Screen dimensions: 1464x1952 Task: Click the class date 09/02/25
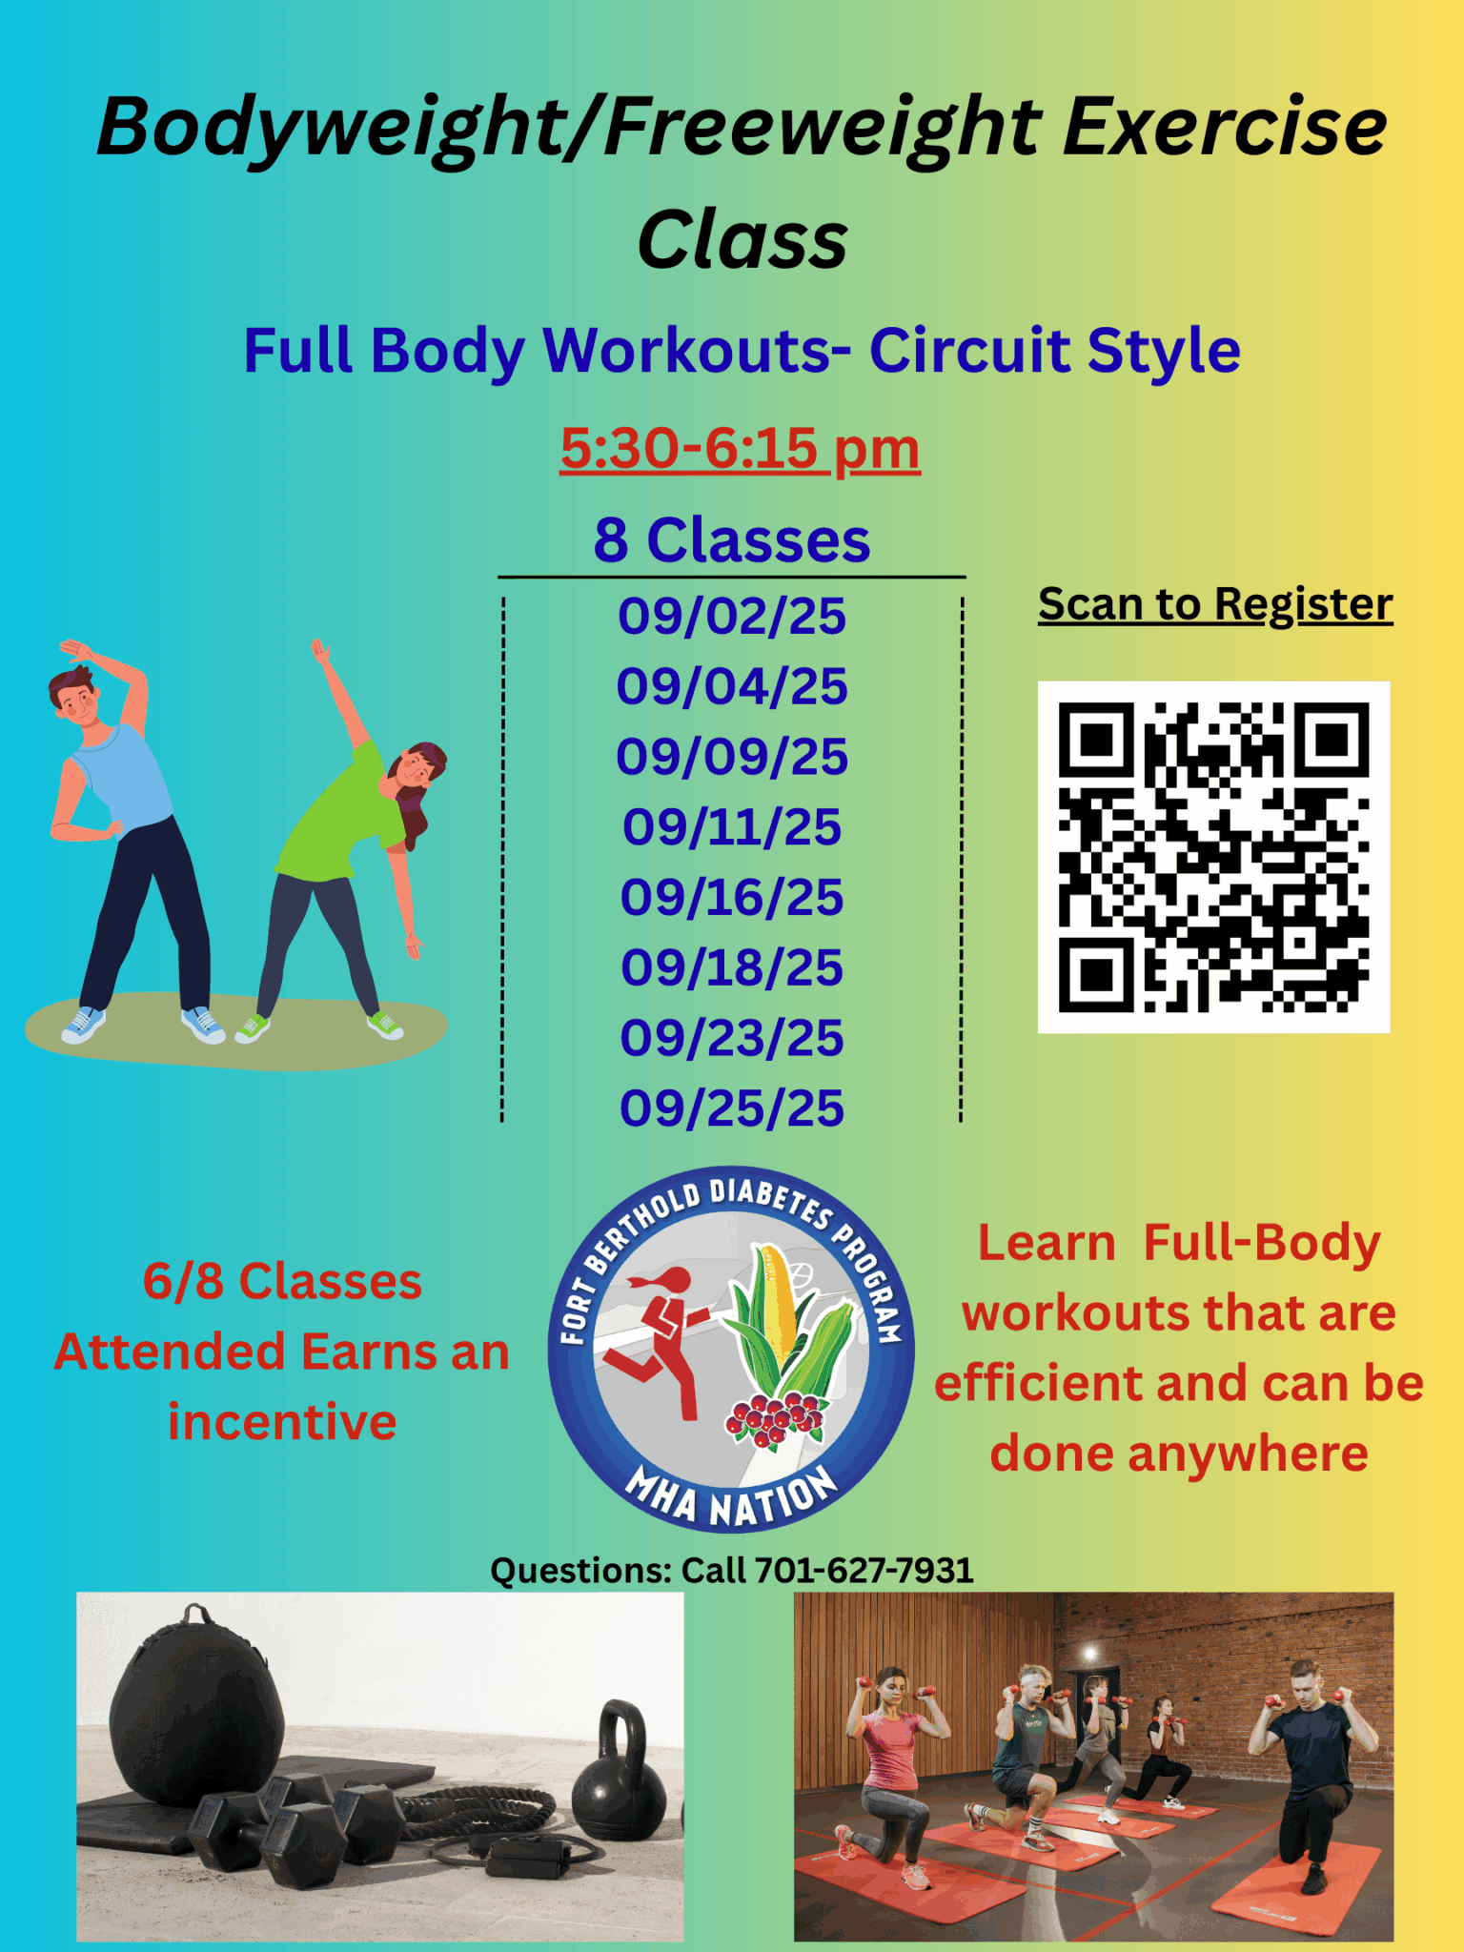coord(732,616)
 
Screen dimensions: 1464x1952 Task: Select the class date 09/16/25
coord(732,897)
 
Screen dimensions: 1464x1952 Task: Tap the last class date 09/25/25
coord(732,1108)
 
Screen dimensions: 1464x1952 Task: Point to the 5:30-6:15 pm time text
coord(740,448)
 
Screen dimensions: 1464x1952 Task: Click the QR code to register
coord(1213,857)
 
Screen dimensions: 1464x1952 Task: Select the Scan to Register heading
coord(1215,604)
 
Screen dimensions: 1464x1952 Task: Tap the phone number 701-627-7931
coord(864,1570)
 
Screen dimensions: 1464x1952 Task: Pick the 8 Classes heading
coord(732,540)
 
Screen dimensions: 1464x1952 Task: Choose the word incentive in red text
coord(282,1422)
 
